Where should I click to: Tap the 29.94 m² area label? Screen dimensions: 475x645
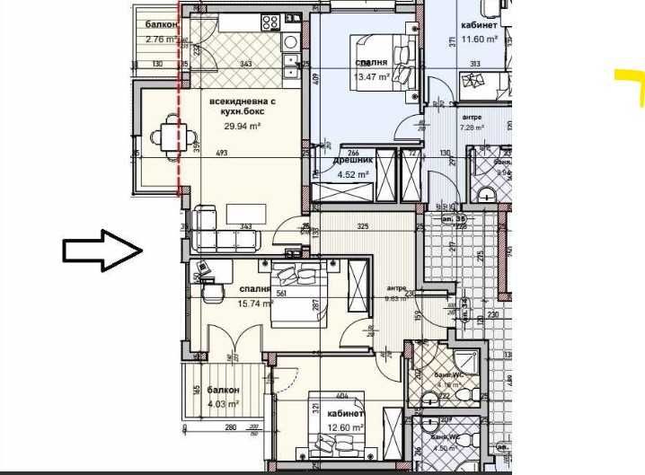click(242, 127)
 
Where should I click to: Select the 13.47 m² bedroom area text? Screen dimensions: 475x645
click(372, 78)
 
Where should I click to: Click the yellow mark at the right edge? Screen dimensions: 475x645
click(628, 88)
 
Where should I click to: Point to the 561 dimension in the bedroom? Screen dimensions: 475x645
click(281, 292)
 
